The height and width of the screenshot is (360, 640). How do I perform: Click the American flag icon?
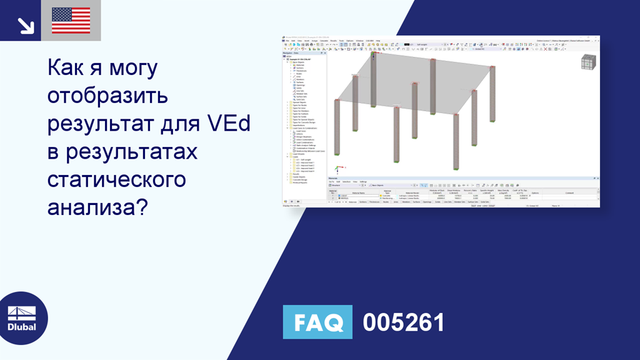pos(71,21)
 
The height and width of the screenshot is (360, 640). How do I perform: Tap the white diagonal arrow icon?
pos(26,25)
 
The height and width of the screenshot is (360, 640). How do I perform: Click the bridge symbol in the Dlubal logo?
pos(21,313)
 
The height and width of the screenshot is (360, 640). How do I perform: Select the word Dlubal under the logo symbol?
pos(21,327)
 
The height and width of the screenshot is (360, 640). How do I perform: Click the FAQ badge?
pos(317,322)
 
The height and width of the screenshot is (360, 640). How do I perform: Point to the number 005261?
pos(404,322)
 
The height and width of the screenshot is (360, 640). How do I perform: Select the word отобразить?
pos(108,97)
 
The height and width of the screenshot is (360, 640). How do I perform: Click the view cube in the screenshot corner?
pos(587,62)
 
